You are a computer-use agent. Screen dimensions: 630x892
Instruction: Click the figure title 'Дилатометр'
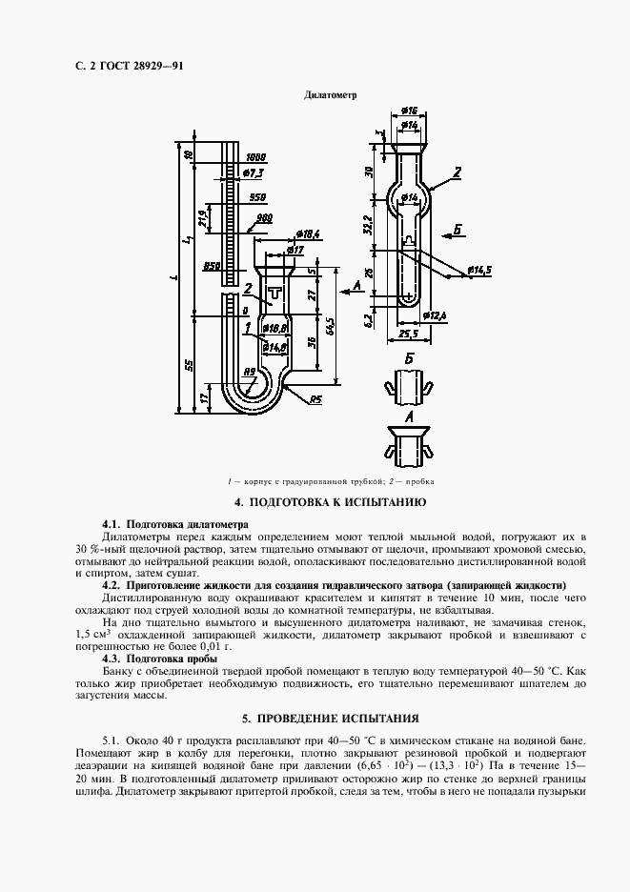pos(330,96)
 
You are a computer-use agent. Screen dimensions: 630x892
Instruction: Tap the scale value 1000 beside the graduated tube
pos(255,156)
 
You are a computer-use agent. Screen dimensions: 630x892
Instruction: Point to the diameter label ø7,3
pos(254,172)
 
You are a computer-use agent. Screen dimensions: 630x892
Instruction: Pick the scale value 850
pos(213,266)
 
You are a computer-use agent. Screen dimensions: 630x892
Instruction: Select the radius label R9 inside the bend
pos(250,373)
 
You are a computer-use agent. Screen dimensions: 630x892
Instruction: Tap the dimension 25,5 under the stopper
pos(410,334)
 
